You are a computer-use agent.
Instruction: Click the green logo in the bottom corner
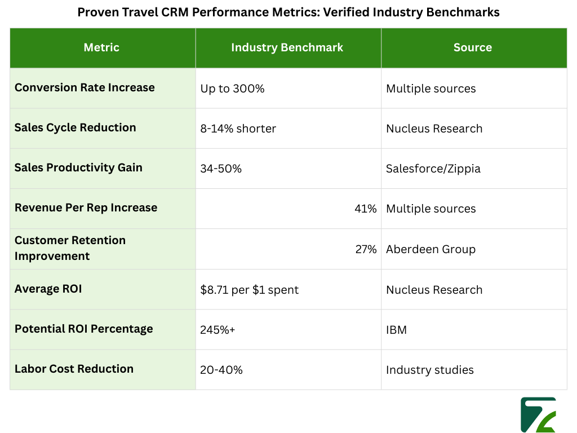[x=538, y=415]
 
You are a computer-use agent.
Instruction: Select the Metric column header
[x=101, y=48]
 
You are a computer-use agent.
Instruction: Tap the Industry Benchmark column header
[x=287, y=48]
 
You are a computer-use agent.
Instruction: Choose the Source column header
[x=473, y=48]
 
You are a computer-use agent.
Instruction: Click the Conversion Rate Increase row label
[x=85, y=88]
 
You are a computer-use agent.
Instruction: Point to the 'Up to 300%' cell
[x=232, y=89]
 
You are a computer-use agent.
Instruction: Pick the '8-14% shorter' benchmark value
[x=238, y=129]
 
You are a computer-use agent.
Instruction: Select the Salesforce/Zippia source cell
[x=433, y=169]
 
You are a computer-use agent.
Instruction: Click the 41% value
[x=366, y=209]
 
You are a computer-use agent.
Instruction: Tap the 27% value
[x=366, y=249]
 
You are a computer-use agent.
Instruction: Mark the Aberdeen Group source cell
[x=430, y=249]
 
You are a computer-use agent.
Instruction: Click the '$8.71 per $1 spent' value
[x=249, y=290]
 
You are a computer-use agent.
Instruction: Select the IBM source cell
[x=396, y=330]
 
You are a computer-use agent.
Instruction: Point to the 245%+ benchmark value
[x=218, y=330]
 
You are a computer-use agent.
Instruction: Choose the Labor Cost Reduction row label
[x=74, y=369]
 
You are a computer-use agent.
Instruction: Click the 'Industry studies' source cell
[x=429, y=370]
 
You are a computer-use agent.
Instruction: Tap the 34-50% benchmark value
[x=221, y=169]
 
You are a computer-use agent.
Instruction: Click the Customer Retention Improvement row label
[x=70, y=248]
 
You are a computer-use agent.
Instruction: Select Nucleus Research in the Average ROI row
[x=434, y=290]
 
